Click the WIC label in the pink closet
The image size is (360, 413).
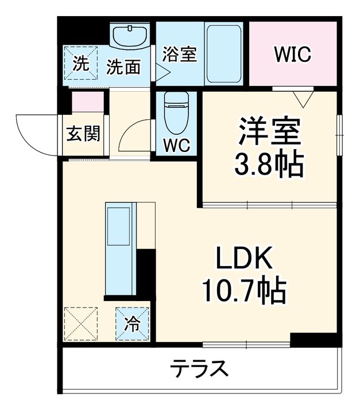pos(292,54)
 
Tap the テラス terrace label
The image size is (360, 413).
pos(199,368)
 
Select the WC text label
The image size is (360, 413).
pos(177,145)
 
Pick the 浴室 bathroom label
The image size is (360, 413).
pos(180,54)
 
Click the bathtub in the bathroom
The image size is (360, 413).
pos(223,53)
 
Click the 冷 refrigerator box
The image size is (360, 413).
pos(133,325)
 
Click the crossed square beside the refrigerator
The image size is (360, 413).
pos(81,325)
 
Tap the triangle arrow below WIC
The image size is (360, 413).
pos(302,99)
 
